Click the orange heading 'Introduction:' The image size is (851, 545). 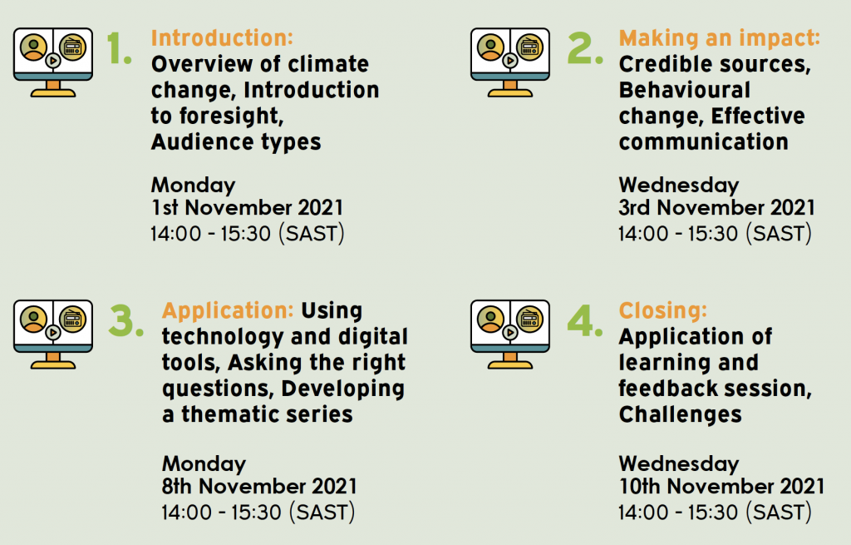pos(222,38)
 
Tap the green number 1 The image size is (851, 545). pos(119,47)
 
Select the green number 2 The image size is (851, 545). pos(585,47)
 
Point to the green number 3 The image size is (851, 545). pos(126,320)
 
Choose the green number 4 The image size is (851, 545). pos(585,320)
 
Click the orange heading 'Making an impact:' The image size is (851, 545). pos(720,38)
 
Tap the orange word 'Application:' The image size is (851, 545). pos(228,311)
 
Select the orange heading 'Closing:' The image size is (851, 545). pos(663,311)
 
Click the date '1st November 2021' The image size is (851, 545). pos(247,207)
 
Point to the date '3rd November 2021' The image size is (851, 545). pos(716,207)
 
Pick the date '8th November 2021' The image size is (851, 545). pos(259,486)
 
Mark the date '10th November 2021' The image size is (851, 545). pos(721,486)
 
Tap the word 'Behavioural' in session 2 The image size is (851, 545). pos(685,90)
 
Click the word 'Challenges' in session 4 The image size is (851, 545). pos(680,415)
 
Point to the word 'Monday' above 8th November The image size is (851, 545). pos(204,464)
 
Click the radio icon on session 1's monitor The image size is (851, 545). pos(73,47)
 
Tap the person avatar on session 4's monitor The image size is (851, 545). pos(490,320)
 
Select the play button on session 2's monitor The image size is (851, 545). pos(509,60)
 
